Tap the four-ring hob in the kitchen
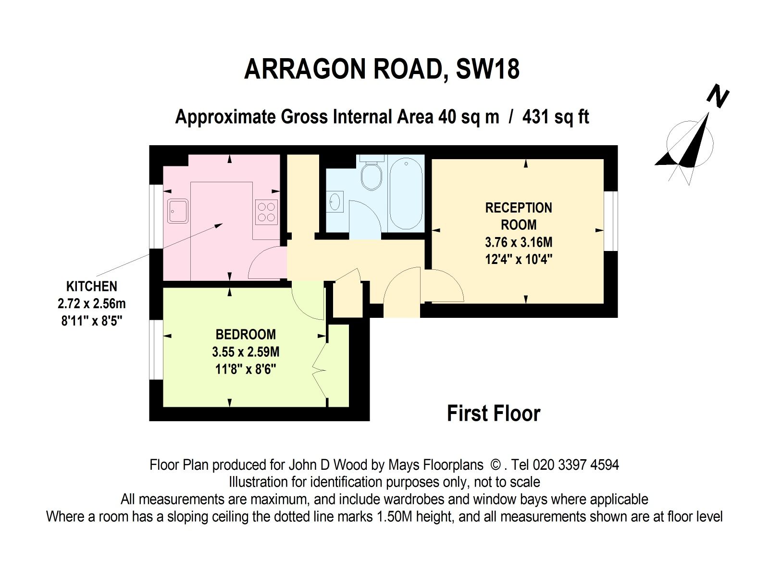266,212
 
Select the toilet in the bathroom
371,176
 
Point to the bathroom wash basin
335,201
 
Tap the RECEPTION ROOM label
518,216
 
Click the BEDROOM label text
245,334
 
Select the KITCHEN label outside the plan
91,287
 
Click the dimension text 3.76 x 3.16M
518,242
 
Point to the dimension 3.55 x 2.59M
245,352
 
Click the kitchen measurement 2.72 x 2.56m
91,304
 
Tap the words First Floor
493,414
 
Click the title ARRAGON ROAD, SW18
382,69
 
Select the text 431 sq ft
555,117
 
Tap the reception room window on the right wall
610,221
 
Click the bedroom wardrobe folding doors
319,370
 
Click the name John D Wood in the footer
328,465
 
